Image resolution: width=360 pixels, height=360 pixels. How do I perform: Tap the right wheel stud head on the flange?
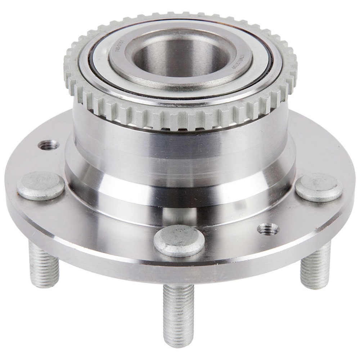pos(319,187)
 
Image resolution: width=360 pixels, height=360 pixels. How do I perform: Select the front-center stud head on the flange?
pos(179,240)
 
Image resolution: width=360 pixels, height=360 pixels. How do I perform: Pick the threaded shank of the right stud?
pos(315,266)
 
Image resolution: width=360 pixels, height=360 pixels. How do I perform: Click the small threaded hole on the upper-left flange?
pos(49,145)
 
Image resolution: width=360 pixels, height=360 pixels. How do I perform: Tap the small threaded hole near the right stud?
pos(269,229)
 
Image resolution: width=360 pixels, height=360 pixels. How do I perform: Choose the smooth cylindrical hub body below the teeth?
pos(180,144)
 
